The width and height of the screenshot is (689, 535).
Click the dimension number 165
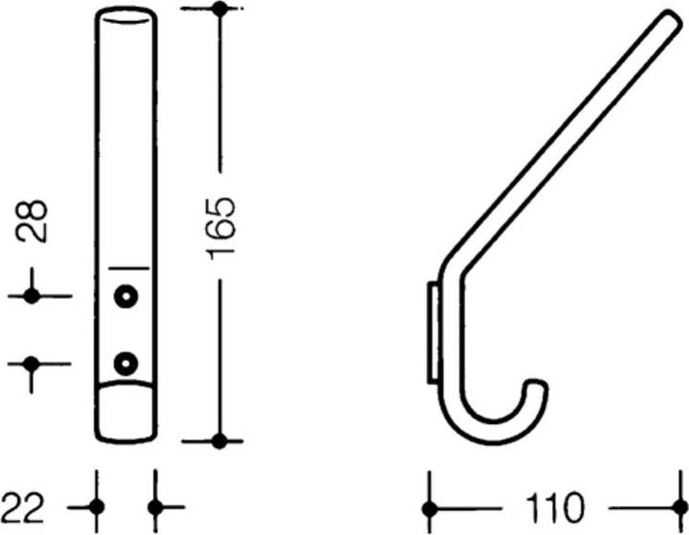click(x=220, y=227)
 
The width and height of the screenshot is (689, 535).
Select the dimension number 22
click(x=24, y=504)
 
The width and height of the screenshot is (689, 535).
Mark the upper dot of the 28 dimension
click(x=32, y=297)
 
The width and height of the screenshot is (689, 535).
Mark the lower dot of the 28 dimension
click(x=32, y=364)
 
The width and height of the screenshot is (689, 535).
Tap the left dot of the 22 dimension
click(x=97, y=504)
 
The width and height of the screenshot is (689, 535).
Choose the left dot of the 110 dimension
click(x=430, y=504)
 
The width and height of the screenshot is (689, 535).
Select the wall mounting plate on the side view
click(x=433, y=331)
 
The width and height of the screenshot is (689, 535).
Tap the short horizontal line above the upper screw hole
click(x=127, y=267)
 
